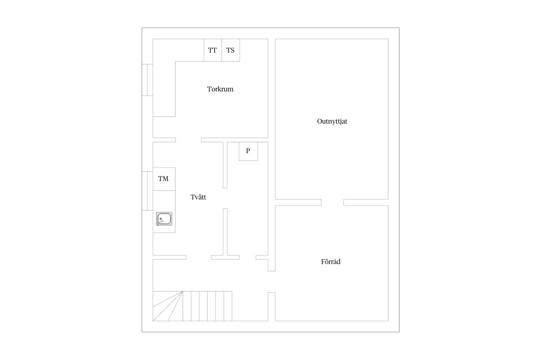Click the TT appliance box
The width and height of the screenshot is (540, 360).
click(213, 50)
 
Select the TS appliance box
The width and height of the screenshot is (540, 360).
click(231, 50)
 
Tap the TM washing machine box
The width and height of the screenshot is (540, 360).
click(164, 179)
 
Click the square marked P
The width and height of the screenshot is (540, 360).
click(248, 151)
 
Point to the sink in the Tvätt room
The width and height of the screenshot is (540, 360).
click(164, 219)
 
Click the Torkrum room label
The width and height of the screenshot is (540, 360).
click(220, 89)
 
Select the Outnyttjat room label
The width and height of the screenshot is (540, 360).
click(332, 121)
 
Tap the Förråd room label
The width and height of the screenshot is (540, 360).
click(331, 262)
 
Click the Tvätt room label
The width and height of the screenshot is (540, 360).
click(198, 197)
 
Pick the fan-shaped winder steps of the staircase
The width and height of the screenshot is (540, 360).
click(168, 306)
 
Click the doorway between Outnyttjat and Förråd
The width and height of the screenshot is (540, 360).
click(332, 203)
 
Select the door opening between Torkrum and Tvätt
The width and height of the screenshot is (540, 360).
click(189, 140)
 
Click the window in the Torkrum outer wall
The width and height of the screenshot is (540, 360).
click(147, 80)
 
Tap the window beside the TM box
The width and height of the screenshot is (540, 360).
click(147, 191)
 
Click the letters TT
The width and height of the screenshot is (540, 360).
click(212, 50)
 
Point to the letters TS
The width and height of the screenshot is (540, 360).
click(230, 50)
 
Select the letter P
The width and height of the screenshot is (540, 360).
click(248, 151)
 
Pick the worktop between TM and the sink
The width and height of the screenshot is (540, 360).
click(164, 201)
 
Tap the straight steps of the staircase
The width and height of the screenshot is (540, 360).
click(207, 306)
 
